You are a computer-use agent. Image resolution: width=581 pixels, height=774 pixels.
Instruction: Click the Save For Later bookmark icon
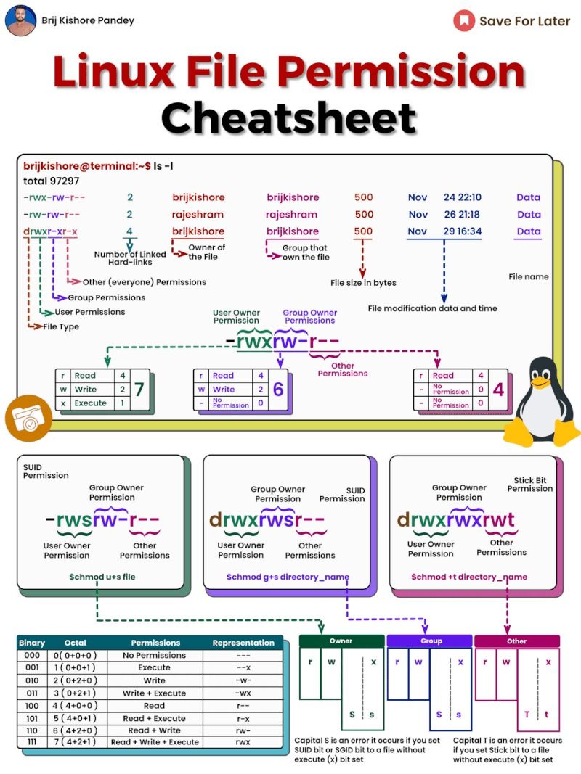tap(464, 20)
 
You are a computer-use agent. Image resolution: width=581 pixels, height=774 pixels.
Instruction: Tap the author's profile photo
tap(20, 20)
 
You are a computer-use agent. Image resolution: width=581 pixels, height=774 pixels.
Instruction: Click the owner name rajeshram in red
tap(198, 215)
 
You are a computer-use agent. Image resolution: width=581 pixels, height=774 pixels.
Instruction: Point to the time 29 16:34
tap(463, 231)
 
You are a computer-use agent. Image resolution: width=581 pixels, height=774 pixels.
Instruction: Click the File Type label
tap(61, 326)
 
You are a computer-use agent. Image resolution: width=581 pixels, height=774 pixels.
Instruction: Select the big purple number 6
tap(277, 390)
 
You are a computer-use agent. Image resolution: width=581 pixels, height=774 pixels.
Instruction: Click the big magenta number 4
tap(498, 390)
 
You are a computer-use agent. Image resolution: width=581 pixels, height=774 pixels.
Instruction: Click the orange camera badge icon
tap(28, 419)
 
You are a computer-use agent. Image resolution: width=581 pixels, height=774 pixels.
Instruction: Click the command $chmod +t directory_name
tap(469, 577)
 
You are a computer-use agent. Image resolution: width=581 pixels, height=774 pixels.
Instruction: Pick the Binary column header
tap(32, 643)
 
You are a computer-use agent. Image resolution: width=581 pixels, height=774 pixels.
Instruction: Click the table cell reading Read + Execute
tap(154, 718)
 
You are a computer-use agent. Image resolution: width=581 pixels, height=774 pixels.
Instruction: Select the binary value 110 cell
tap(32, 730)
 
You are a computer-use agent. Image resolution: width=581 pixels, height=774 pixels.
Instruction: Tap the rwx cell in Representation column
tap(243, 742)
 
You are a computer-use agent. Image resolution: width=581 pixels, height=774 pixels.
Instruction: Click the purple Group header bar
tap(431, 641)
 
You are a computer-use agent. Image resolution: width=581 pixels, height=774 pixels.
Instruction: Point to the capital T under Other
tap(527, 715)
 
